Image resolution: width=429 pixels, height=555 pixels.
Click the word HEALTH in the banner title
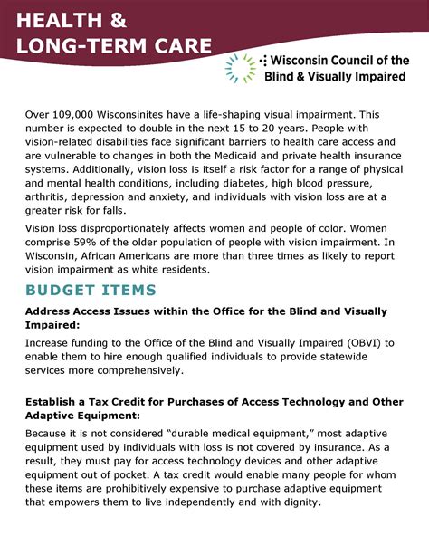52,20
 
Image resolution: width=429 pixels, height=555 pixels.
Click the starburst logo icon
240,68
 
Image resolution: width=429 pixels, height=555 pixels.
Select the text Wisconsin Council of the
338,61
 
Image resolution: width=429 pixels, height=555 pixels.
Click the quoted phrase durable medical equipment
248,434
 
